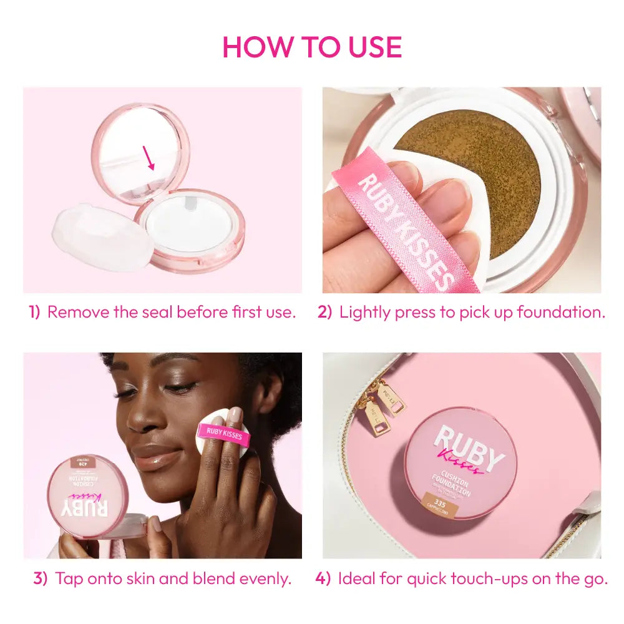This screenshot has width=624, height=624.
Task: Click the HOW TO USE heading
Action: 312,47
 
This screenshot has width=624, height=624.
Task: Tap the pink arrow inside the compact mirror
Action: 149,158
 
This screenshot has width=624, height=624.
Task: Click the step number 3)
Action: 41,579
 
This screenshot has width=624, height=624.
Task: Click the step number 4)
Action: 323,579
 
